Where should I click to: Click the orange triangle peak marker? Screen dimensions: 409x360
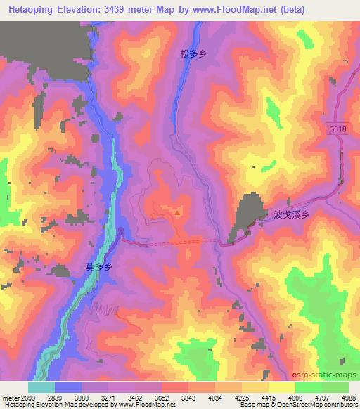178,211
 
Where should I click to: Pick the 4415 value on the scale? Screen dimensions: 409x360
269,397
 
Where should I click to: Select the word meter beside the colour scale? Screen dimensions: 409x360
11,397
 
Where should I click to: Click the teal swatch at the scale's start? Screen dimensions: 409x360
41,387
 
